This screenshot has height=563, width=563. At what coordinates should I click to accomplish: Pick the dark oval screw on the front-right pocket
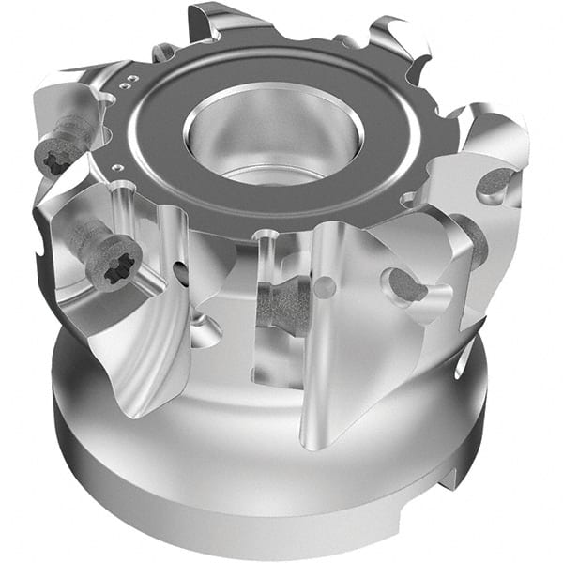point(405,284)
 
